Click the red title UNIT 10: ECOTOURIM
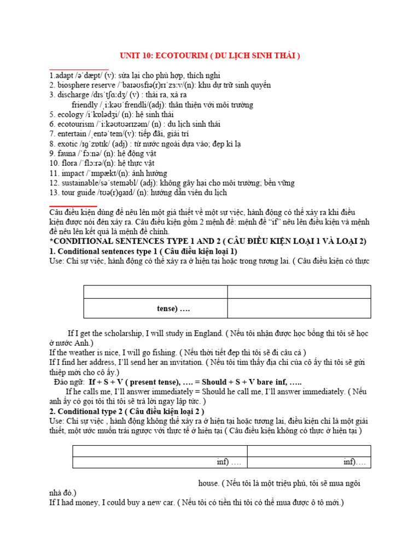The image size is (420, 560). (x=210, y=56)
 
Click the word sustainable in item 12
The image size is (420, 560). (x=81, y=183)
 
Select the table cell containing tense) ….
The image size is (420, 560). (x=155, y=308)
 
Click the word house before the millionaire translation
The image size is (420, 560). (x=208, y=483)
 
